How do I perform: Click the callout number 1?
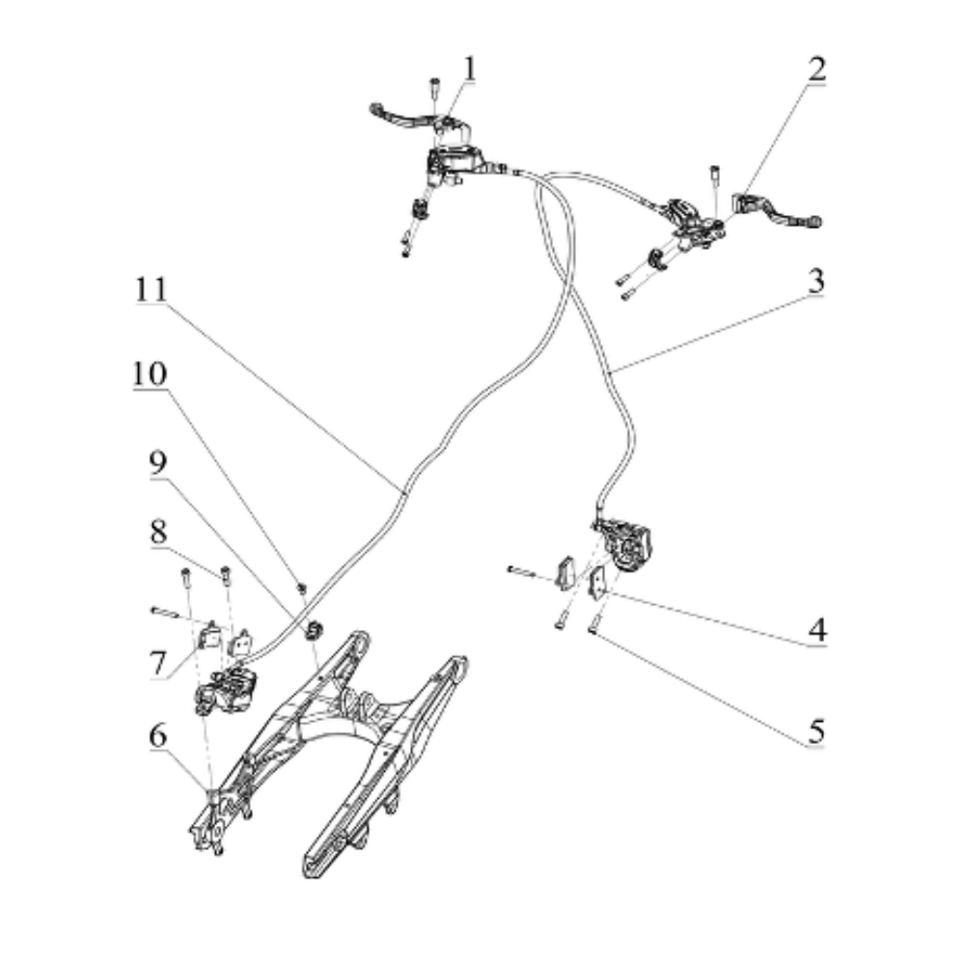coord(469,70)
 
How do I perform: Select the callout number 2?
coord(816,70)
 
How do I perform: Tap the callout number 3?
coord(816,283)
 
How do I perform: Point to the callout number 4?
coord(816,632)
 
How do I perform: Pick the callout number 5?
coord(816,731)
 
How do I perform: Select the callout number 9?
coord(157,464)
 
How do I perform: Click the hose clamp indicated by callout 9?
coord(314,631)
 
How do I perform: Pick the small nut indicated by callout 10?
coord(302,586)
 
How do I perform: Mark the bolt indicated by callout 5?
coord(593,628)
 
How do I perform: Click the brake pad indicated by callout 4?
coord(597,582)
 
